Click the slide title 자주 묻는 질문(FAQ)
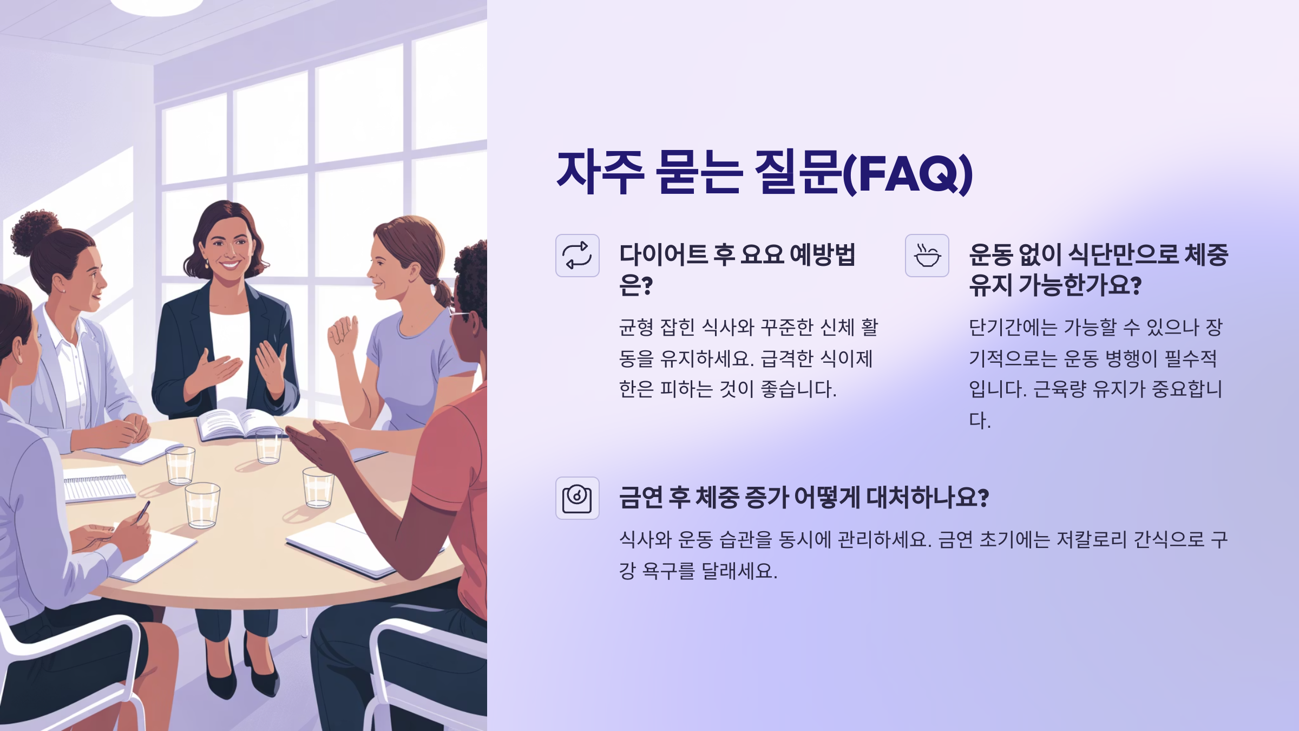[764, 173]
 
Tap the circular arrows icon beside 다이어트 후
[577, 256]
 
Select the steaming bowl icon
[927, 256]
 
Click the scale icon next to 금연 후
[577, 498]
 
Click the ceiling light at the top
[157, 6]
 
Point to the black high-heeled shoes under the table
[244, 677]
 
